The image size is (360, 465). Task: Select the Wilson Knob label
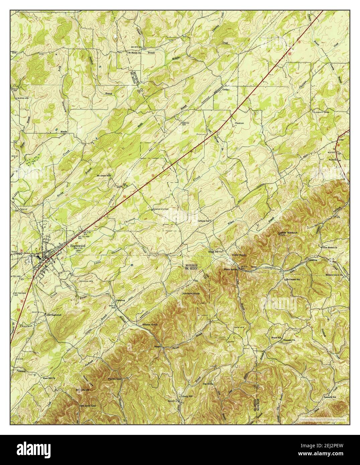150,324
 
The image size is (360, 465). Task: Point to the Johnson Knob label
191,293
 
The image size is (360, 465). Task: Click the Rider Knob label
239,255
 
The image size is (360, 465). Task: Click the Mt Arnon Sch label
104,175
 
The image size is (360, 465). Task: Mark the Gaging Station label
160,209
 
